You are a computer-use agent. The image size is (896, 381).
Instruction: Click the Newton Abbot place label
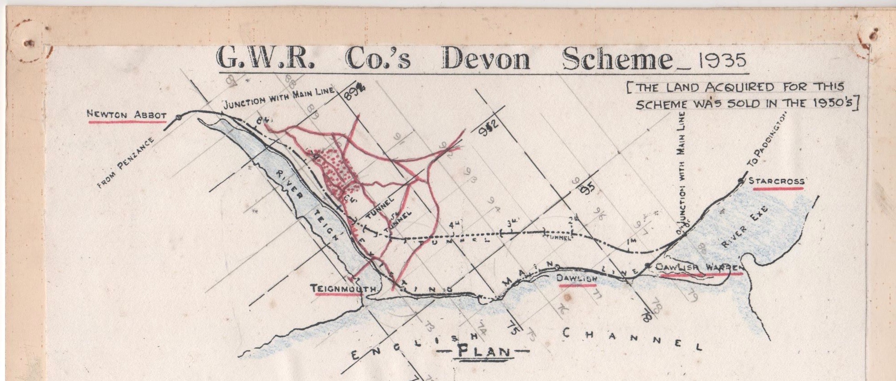[x=127, y=115]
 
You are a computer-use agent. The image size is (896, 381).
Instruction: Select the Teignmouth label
[x=343, y=289]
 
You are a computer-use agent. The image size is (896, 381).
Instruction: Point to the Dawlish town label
[x=576, y=278]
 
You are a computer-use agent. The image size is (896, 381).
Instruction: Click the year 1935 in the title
[x=722, y=60]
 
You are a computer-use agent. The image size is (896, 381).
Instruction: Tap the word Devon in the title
[x=485, y=59]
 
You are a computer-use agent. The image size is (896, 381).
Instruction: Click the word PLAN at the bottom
[x=483, y=351]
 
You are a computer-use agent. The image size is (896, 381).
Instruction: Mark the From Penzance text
[x=125, y=162]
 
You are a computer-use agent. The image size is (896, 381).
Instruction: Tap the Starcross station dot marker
[x=741, y=181]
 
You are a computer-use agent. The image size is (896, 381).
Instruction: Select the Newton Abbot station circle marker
[x=179, y=117]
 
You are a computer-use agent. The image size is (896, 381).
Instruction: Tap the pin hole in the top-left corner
[x=30, y=43]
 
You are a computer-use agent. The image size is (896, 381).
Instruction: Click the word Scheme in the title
[x=617, y=59]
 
